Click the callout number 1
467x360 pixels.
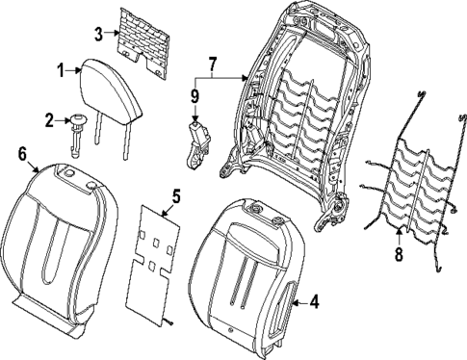tap(59, 70)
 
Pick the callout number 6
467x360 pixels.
tap(21, 151)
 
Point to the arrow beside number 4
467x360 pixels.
tap(298, 304)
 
